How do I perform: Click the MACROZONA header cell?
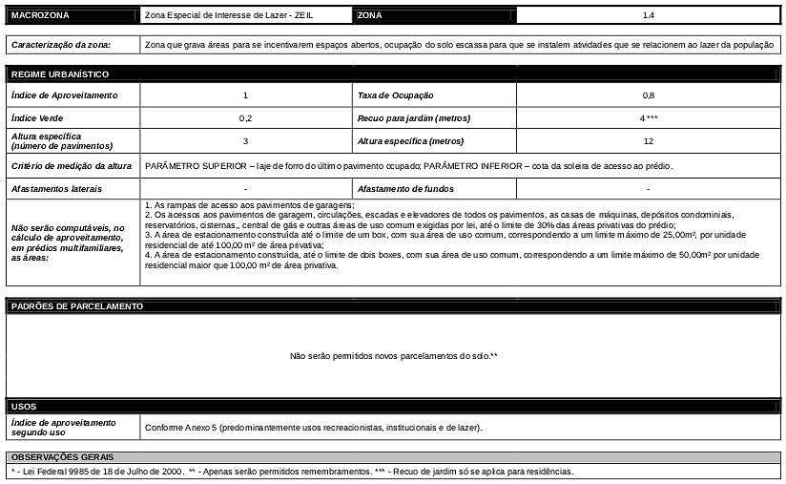coord(39,16)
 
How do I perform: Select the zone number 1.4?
coord(648,16)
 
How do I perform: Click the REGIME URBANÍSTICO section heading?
coord(59,74)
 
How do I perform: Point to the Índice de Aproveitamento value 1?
coord(246,95)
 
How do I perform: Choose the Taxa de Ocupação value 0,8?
coord(649,95)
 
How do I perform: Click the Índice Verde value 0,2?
coord(246,118)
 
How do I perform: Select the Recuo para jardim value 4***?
coord(649,118)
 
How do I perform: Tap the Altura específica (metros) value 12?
coord(649,141)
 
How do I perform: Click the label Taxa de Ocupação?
coord(395,95)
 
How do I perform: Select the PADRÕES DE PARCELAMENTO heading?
coord(76,306)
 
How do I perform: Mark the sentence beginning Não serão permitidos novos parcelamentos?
coord(394,356)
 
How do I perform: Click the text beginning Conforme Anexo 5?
coord(314,427)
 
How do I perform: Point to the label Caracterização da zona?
coord(61,45)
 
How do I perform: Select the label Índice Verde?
coord(38,118)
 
